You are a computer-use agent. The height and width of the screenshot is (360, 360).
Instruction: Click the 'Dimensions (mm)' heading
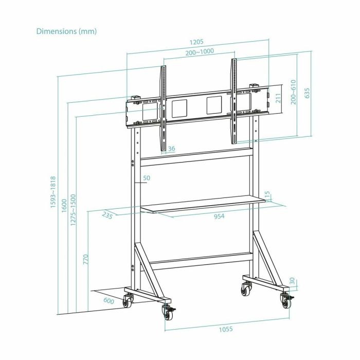66,31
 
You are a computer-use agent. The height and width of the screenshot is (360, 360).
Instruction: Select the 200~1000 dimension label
200,52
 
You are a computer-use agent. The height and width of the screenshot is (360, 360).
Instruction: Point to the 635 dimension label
308,93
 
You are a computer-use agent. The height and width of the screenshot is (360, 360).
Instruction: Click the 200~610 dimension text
293,92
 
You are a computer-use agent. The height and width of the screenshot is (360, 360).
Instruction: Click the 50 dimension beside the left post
146,178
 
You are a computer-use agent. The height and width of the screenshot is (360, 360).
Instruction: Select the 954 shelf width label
220,217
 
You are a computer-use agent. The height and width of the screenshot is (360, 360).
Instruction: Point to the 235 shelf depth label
107,215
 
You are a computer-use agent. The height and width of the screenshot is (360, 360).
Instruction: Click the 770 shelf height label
85,258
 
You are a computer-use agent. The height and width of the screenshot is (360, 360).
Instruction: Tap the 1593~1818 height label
53,198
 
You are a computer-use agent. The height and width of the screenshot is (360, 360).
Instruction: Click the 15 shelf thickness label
267,195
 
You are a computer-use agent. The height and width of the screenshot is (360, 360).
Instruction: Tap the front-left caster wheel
167,311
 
